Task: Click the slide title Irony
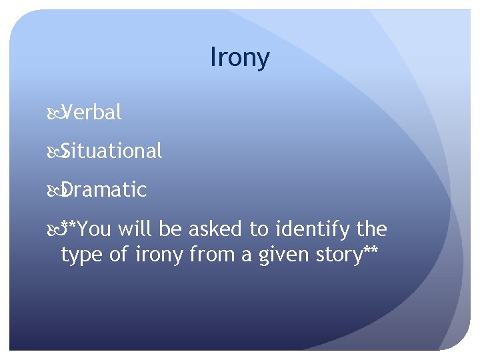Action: click(239, 58)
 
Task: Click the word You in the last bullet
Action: click(95, 229)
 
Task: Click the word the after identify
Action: click(372, 229)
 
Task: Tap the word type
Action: click(81, 255)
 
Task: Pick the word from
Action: click(207, 255)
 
